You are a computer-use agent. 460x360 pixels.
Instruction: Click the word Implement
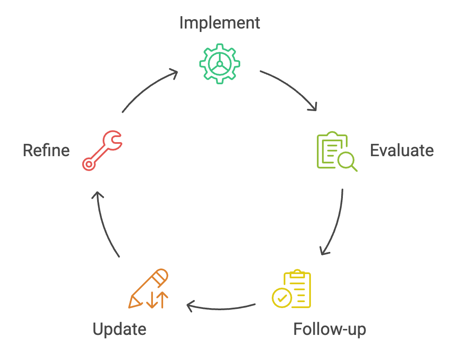[219, 23]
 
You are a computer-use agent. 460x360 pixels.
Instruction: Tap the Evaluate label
[402, 151]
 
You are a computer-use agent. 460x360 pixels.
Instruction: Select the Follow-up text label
[330, 329]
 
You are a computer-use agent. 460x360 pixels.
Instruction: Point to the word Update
[119, 329]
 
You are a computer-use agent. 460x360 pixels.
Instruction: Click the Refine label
[46, 151]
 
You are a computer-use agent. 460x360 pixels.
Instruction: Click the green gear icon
[219, 63]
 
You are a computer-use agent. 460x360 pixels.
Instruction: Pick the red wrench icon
[102, 151]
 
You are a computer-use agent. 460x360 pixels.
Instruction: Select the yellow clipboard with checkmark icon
[292, 289]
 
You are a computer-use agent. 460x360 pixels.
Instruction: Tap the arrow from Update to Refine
[104, 223]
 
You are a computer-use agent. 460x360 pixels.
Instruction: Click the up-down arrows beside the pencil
[157, 300]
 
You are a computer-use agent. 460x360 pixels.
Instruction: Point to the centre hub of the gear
[219, 63]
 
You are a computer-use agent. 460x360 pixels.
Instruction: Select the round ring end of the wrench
[89, 164]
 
